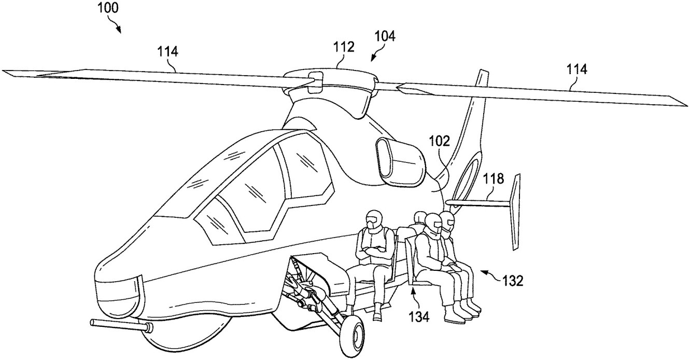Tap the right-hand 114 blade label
click(577, 69)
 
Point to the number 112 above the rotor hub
click(344, 47)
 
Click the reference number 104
click(384, 36)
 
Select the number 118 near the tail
click(493, 179)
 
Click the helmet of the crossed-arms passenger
click(373, 219)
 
